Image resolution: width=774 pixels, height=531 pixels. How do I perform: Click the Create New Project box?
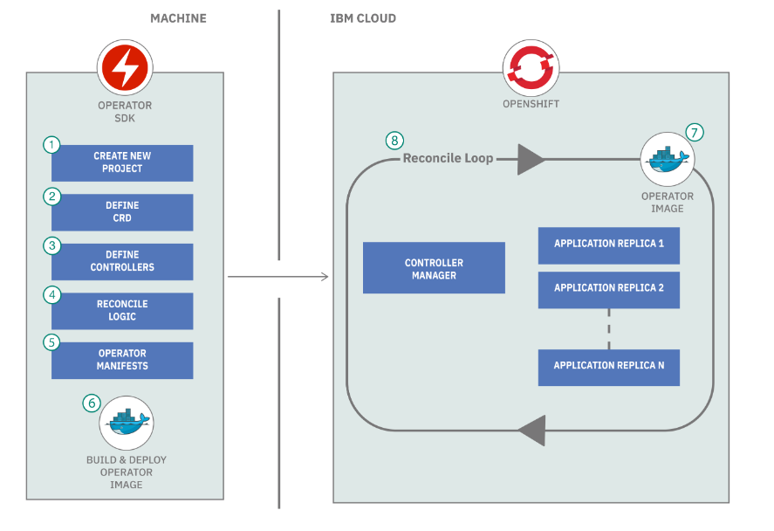(x=122, y=163)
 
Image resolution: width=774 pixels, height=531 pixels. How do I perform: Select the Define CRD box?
(x=122, y=212)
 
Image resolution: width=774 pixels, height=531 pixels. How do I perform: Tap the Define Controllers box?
(x=122, y=262)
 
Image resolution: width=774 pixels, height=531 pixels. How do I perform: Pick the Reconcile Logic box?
(x=122, y=311)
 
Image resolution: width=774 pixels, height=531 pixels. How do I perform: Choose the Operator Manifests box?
(x=122, y=361)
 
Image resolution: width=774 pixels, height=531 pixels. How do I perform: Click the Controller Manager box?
(x=434, y=268)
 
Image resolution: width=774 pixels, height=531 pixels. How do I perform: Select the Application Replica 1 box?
(x=608, y=245)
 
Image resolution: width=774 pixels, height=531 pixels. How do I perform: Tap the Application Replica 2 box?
(x=608, y=290)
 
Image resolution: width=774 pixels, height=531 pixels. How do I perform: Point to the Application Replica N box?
(x=608, y=368)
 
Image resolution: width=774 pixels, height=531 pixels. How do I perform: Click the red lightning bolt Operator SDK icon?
(x=125, y=67)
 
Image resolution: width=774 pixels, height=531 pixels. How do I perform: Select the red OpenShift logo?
(x=531, y=67)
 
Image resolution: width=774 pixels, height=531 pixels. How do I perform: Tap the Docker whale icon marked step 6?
(x=127, y=423)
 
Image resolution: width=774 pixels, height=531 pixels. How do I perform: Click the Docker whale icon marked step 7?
(x=668, y=159)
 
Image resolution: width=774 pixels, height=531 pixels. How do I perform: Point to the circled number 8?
(x=394, y=141)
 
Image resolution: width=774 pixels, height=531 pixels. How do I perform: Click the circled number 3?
(x=51, y=245)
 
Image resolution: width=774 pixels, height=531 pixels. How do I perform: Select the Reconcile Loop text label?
(x=449, y=158)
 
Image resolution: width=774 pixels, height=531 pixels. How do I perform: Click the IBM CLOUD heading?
(x=363, y=18)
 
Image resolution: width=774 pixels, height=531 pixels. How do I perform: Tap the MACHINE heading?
(x=178, y=18)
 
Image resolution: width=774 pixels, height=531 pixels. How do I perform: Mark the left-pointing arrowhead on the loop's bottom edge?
(x=532, y=431)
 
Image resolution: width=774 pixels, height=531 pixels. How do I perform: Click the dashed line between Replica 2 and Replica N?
(x=608, y=329)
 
